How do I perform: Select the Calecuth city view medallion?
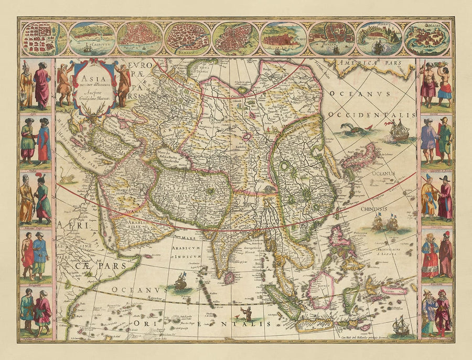tap(92, 38)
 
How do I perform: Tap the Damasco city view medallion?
tap(187, 38)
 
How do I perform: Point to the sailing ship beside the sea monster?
tap(399, 130)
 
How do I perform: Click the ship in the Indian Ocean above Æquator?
tap(180, 282)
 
